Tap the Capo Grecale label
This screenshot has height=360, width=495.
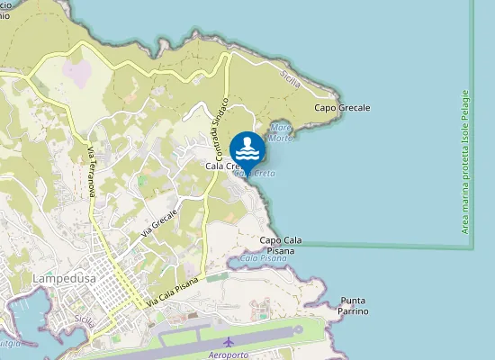tap(342, 108)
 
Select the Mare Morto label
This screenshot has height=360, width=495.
tap(281, 132)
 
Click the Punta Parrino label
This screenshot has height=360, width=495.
tap(355, 306)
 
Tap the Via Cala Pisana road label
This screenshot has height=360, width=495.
tap(172, 291)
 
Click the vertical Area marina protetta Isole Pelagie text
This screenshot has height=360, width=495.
tap(465, 162)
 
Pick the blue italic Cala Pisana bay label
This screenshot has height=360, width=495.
tap(263, 258)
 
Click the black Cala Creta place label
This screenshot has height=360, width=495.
tap(220, 166)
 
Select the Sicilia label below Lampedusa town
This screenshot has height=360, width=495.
tap(85, 321)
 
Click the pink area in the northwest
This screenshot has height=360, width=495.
tap(76, 73)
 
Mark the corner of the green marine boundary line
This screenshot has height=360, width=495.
tap(472, 245)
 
